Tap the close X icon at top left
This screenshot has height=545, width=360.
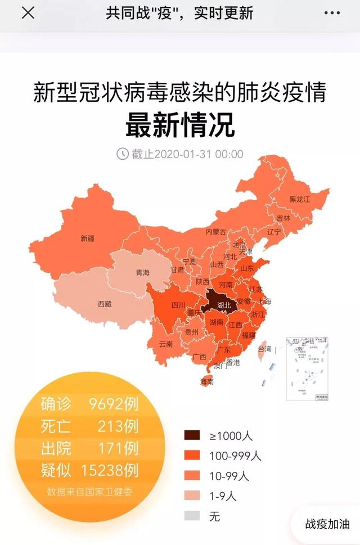(x=28, y=13)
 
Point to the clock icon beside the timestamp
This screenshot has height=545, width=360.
(x=122, y=154)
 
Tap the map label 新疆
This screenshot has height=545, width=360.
(x=87, y=238)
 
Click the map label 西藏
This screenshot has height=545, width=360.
(x=105, y=304)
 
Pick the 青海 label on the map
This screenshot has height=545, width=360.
(x=142, y=273)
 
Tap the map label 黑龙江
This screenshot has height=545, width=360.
(x=300, y=199)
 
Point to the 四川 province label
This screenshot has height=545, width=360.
(x=178, y=306)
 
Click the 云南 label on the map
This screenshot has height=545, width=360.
(x=165, y=344)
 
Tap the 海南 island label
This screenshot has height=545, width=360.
(x=207, y=381)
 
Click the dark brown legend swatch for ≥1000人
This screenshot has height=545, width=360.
(x=192, y=435)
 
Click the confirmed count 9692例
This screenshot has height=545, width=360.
(x=114, y=404)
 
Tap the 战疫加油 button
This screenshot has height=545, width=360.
(x=327, y=523)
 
